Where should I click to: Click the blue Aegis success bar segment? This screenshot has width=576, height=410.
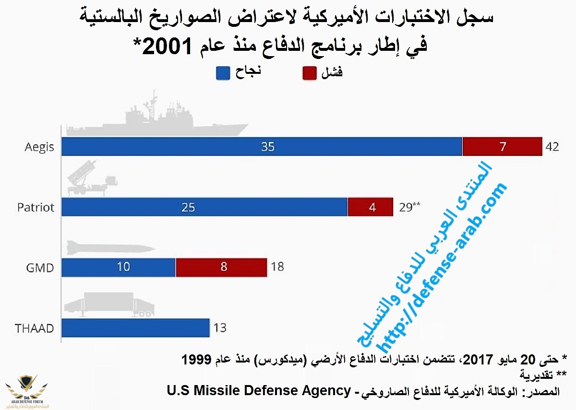(x=262, y=147)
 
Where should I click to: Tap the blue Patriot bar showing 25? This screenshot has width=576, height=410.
(x=204, y=207)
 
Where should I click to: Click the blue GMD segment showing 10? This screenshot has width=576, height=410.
(x=119, y=267)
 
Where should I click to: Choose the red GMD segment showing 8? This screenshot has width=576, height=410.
(x=221, y=267)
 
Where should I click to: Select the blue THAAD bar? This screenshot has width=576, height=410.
(x=136, y=328)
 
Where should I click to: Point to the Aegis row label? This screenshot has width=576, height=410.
(x=39, y=147)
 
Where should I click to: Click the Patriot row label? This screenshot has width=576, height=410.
(x=36, y=208)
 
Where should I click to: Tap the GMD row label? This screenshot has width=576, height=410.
(x=40, y=268)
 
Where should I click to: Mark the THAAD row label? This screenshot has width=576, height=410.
(x=34, y=329)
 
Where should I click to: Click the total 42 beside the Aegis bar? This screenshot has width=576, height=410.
(x=552, y=147)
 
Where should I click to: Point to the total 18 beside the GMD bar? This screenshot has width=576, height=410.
(x=277, y=267)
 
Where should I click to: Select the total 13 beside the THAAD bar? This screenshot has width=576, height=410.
(x=219, y=328)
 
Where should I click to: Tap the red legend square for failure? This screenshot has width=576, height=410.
(x=310, y=73)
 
